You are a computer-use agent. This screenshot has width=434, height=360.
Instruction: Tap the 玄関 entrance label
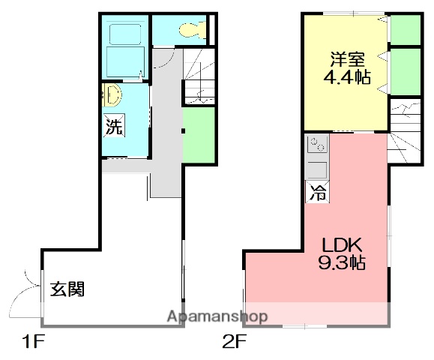67,288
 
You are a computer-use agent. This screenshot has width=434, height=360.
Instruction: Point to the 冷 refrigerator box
316,191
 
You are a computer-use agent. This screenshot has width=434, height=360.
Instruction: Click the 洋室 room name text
348,58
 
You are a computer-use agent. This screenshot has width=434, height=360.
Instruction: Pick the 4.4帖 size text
348,76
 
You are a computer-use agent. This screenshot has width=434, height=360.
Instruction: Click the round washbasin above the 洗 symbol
112,95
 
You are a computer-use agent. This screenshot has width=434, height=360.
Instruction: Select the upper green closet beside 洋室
405,29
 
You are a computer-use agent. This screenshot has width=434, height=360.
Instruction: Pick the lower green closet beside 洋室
405,71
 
